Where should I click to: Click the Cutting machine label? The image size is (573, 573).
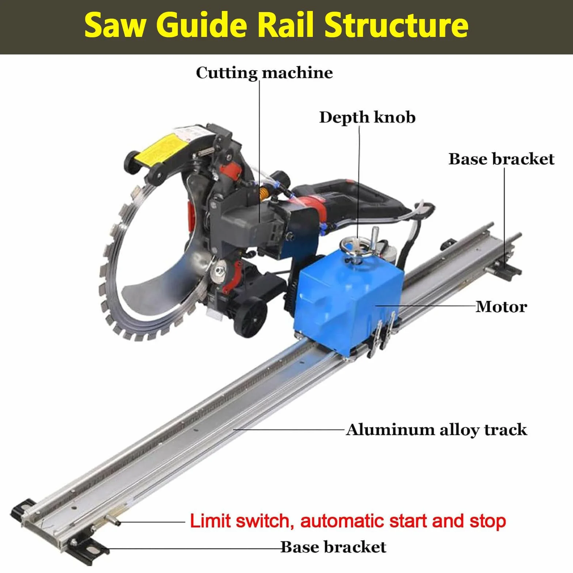tap(264, 72)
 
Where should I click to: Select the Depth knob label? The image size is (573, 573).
tap(367, 117)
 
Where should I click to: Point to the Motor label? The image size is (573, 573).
tap(501, 307)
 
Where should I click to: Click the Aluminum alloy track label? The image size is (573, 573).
tap(437, 430)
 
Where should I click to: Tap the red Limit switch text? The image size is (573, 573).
tap(348, 521)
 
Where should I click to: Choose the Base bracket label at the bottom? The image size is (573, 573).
tap(333, 547)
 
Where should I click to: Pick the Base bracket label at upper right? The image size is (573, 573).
tap(501, 159)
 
